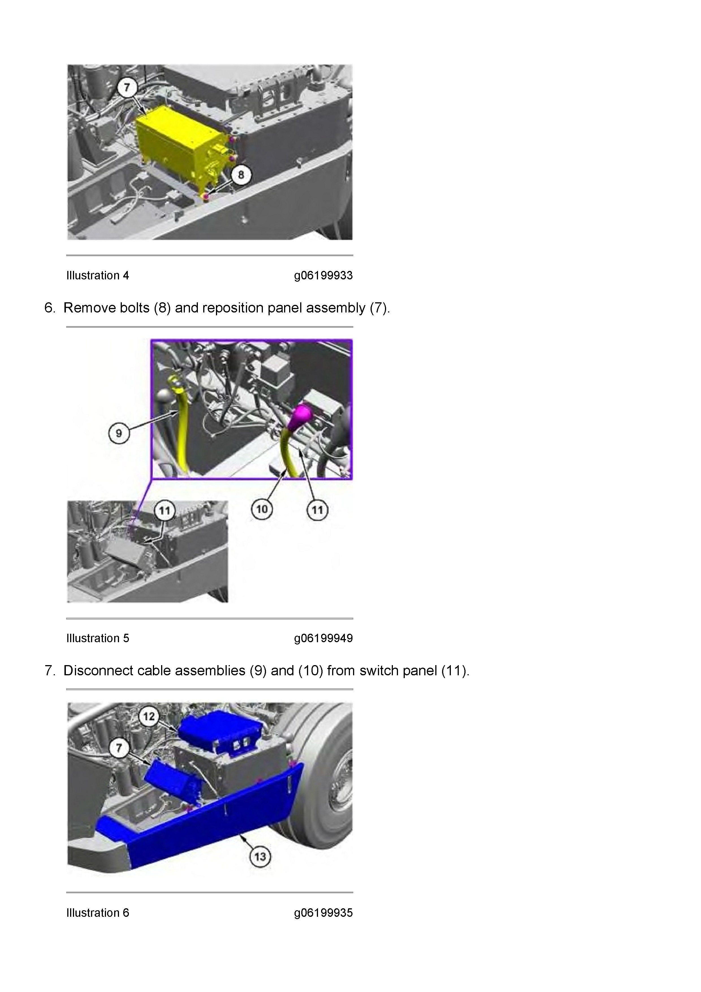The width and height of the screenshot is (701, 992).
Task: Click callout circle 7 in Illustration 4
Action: click(127, 87)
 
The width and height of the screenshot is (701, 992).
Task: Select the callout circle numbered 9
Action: click(119, 433)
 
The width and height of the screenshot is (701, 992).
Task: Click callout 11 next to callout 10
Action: click(317, 510)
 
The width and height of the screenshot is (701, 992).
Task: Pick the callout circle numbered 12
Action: click(149, 716)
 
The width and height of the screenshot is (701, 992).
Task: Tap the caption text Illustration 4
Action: click(98, 276)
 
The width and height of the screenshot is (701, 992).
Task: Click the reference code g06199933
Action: click(323, 276)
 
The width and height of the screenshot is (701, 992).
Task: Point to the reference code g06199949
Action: click(323, 638)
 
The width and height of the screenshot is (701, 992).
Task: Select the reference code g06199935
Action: click(323, 913)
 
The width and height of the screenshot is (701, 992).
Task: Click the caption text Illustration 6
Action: click(98, 913)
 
